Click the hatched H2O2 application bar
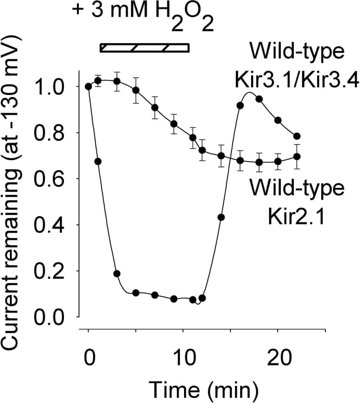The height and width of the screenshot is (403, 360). tap(144, 47)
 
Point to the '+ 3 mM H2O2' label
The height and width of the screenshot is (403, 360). tap(142, 16)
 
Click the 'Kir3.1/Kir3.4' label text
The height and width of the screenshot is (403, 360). tap(297, 81)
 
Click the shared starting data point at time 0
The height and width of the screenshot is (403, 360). tap(89, 86)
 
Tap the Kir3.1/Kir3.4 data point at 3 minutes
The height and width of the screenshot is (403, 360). tap(117, 273)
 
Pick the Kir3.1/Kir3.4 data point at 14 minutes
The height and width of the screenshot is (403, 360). tap(221, 217)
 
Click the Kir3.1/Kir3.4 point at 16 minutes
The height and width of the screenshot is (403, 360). tap(240, 105)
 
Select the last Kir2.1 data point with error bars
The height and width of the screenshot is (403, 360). tap(297, 157)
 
